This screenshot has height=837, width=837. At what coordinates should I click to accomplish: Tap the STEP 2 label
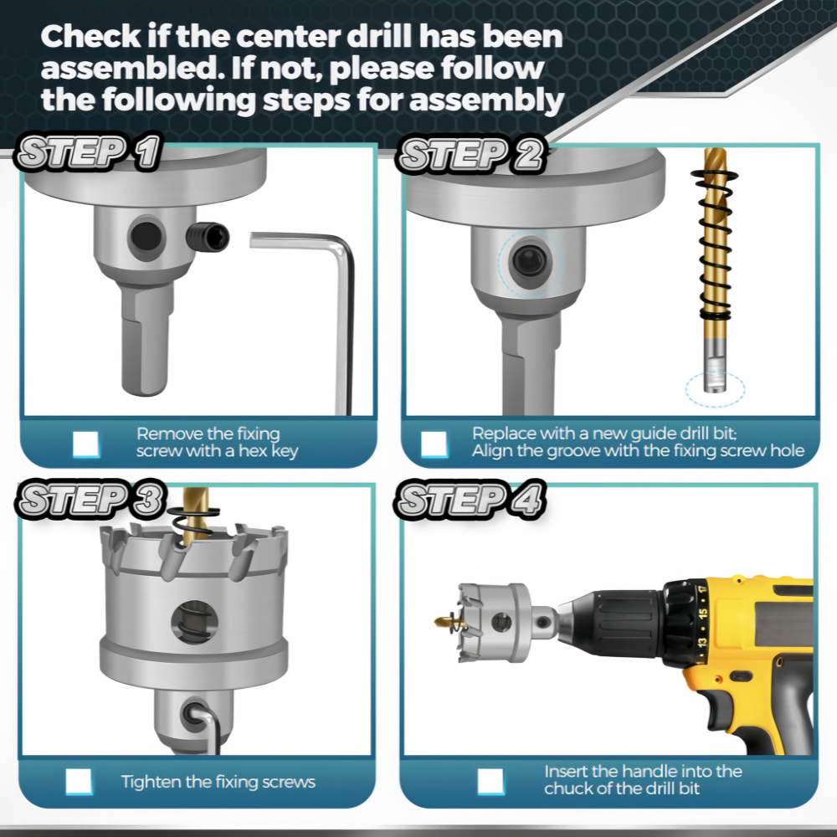(x=470, y=154)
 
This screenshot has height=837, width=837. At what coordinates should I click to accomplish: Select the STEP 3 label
(x=90, y=500)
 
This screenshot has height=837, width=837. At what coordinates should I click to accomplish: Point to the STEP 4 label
(x=470, y=500)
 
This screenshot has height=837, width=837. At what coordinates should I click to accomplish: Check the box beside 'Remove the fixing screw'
(x=86, y=444)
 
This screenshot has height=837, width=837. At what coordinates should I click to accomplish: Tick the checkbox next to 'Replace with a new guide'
(x=434, y=444)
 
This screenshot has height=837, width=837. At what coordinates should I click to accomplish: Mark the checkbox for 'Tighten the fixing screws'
(x=79, y=782)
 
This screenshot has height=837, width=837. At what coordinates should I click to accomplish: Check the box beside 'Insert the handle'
(x=490, y=782)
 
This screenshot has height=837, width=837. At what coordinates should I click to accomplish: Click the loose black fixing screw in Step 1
(x=208, y=238)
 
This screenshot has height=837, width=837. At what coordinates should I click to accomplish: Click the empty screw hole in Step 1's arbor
(x=145, y=237)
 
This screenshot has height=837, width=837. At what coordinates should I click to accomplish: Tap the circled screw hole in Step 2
(x=529, y=261)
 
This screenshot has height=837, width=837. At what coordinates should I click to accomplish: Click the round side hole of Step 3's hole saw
(x=194, y=621)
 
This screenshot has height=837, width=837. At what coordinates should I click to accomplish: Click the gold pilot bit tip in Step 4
(x=443, y=621)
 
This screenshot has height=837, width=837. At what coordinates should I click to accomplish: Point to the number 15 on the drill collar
(x=702, y=614)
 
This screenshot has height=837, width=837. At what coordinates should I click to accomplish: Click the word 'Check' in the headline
(x=90, y=36)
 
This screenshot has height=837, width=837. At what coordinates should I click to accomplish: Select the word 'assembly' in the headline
(x=486, y=100)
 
